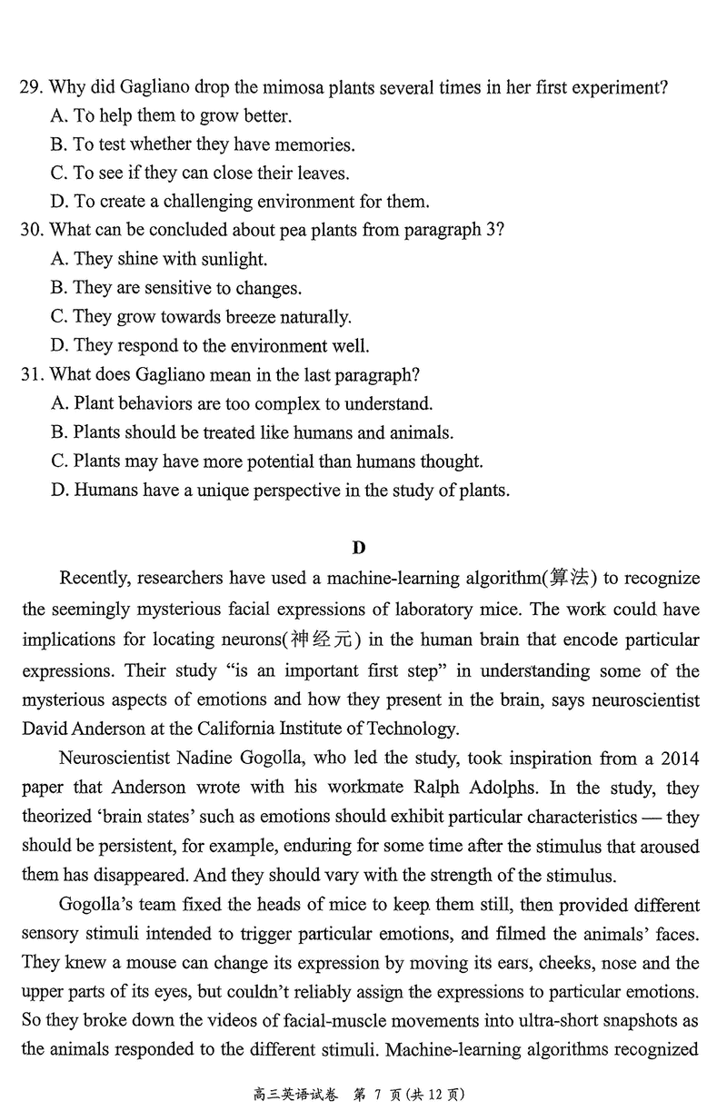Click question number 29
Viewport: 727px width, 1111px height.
[x=30, y=87]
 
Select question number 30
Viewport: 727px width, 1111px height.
[x=30, y=230]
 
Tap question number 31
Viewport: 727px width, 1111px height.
[x=30, y=374]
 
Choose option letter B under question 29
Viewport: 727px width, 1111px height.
[x=60, y=144]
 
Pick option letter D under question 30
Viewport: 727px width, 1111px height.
[x=60, y=346]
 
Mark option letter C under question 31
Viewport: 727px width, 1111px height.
[x=60, y=461]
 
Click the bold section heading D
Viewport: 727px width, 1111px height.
[x=359, y=547]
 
